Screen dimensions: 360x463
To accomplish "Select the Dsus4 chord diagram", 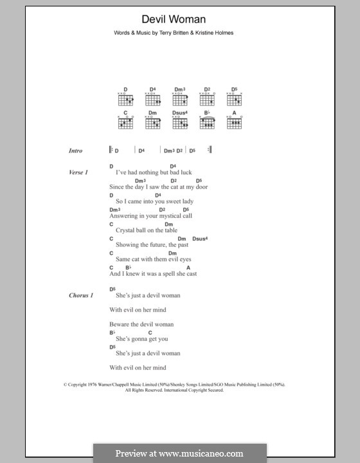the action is point(179,120).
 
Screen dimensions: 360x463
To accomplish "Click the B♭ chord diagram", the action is point(208,120).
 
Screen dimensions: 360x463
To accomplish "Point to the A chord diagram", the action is point(235,120).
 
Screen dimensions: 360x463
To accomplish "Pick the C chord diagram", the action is point(125,120).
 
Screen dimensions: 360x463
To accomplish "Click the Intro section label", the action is point(76,150).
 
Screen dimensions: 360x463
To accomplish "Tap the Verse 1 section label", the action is point(78,173).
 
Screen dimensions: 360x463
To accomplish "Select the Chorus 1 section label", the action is point(82,295).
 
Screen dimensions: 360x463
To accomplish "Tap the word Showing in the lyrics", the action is point(127,244).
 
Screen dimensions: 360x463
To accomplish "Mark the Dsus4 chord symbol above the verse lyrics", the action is point(200,239).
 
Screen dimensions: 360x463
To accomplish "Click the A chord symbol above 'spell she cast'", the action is point(188,268).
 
